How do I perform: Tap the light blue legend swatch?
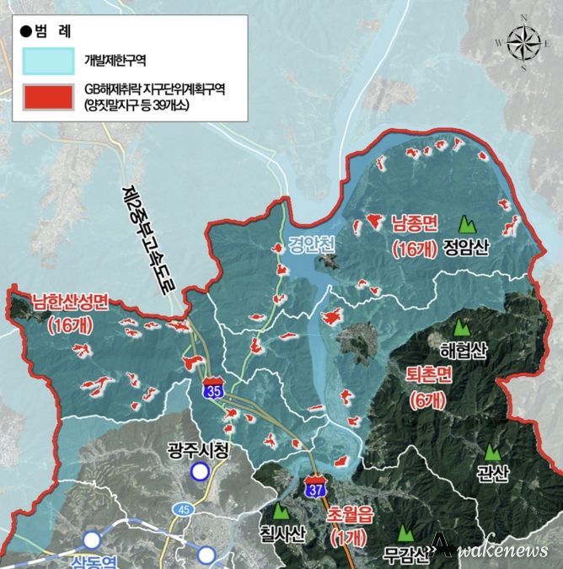point(50,60)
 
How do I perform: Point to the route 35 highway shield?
point(214,390)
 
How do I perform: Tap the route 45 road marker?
point(184,508)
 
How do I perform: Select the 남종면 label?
point(413,224)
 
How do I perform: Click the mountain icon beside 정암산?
point(465,225)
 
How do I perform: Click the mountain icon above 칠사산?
point(280,511)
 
